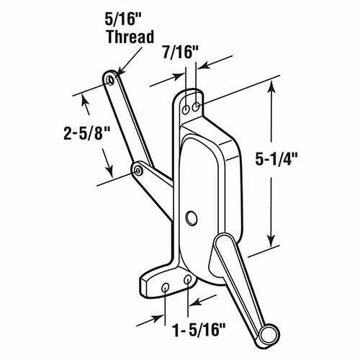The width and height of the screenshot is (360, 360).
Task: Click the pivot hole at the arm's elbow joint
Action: click(136, 171)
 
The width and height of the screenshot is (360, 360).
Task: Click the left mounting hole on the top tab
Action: click(186, 109)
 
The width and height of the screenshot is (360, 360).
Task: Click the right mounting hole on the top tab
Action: click(196, 107)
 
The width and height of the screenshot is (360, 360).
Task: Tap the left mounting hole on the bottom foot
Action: click(166, 287)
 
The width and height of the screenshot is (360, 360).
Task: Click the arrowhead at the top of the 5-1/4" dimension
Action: click(271, 88)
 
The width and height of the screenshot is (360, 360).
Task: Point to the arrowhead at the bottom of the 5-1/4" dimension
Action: click(271, 241)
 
